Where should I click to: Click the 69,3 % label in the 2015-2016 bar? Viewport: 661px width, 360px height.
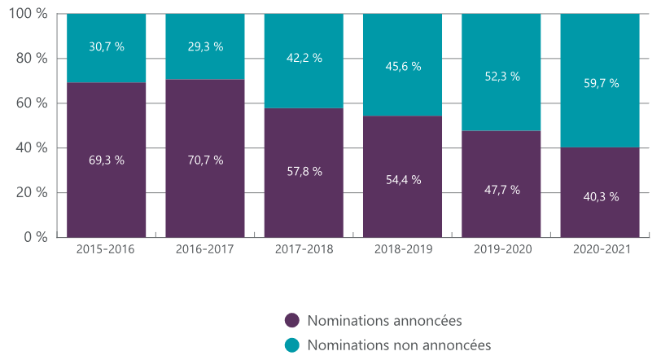click(107, 160)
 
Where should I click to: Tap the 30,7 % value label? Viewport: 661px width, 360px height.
click(107, 47)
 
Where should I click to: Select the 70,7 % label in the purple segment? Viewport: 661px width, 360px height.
click(205, 160)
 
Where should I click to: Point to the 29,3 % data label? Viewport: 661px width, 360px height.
click(205, 47)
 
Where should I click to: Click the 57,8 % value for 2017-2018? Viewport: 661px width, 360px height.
click(304, 172)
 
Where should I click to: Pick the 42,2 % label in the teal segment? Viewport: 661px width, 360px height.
click(304, 58)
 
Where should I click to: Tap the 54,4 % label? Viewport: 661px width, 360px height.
click(403, 180)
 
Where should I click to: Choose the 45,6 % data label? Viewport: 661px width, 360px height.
click(403, 66)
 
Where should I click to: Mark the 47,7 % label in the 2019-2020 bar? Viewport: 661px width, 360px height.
click(501, 190)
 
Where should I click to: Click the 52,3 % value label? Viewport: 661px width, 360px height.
click(501, 77)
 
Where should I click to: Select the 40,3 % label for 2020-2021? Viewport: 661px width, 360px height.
click(601, 197)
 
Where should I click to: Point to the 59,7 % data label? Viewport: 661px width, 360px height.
click(601, 83)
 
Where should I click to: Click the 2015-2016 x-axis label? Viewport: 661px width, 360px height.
click(107, 249)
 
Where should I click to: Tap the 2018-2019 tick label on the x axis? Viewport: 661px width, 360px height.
click(403, 249)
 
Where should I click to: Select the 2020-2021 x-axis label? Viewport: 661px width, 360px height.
click(601, 249)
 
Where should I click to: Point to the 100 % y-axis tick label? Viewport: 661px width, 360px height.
click(29, 15)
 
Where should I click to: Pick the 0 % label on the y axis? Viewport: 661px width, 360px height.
click(36, 238)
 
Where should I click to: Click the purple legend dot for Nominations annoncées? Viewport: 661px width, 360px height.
click(292, 320)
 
